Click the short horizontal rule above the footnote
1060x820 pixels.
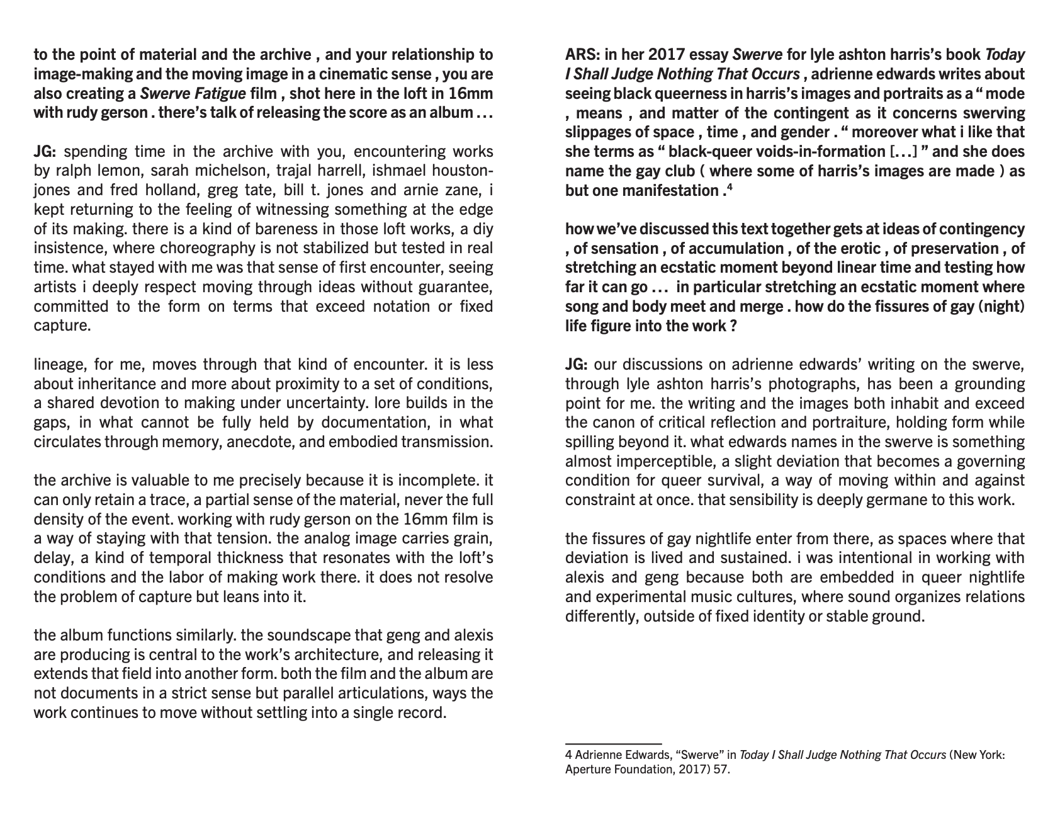coord(613,744)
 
